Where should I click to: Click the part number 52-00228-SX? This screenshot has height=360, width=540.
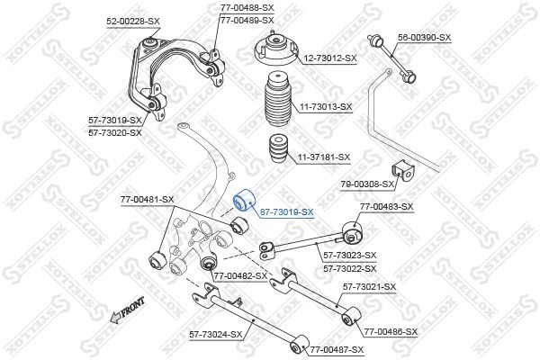133,22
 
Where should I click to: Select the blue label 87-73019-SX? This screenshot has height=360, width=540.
286,212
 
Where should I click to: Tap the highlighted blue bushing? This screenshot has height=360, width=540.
243,200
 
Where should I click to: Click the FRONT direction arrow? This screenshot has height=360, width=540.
127,310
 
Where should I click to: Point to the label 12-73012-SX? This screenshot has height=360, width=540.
330,58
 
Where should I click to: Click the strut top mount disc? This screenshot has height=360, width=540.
276,49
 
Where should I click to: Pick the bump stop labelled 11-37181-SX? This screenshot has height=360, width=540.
279,148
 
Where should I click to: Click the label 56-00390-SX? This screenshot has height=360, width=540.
424,38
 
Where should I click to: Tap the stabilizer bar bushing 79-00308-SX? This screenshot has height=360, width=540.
403,170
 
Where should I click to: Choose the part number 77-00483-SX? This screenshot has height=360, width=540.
386,207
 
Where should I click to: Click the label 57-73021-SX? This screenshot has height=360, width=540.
370,286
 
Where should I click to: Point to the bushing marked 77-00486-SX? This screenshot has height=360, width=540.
351,316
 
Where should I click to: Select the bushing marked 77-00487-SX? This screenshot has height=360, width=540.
300,345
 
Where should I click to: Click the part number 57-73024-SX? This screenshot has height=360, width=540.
216,334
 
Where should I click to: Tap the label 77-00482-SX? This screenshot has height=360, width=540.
240,276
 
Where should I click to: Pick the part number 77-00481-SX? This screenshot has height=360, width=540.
147,199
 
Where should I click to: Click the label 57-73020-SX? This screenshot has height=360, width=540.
115,132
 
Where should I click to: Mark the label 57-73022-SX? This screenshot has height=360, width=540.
350,268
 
